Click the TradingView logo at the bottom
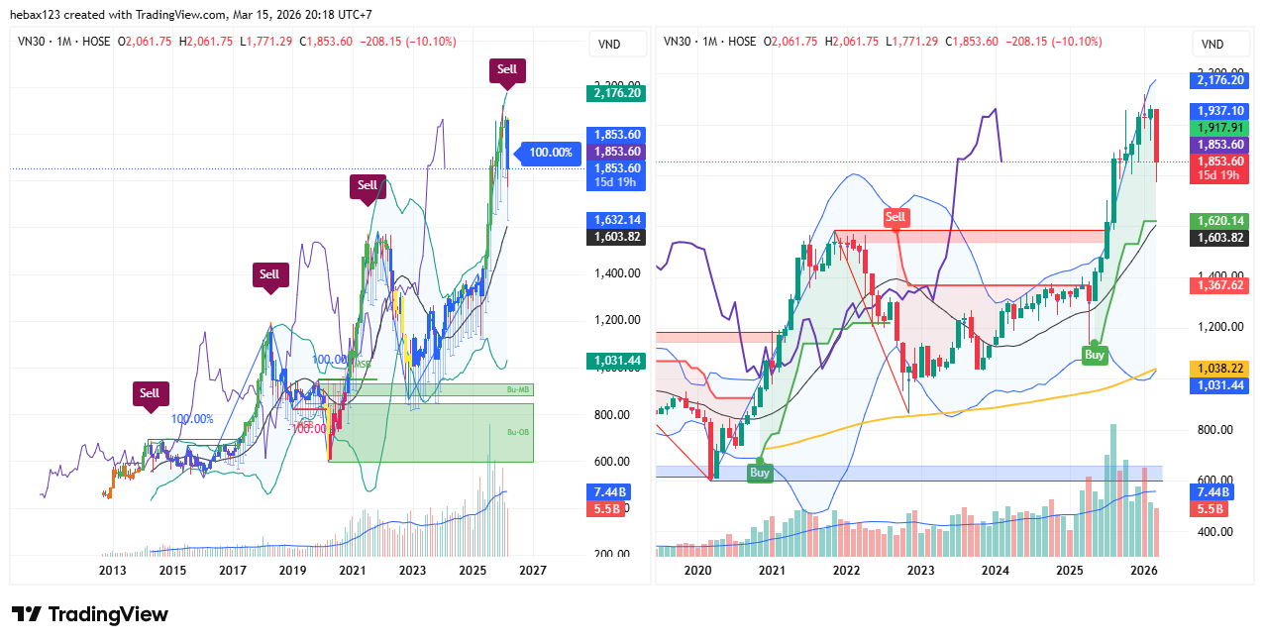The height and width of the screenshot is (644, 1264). [x=89, y=614]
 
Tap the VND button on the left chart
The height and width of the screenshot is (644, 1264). [x=609, y=44]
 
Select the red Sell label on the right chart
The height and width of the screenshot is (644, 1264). [x=895, y=217]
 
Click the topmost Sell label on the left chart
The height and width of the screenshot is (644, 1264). [x=507, y=69]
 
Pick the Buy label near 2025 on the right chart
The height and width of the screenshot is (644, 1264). [x=1094, y=355]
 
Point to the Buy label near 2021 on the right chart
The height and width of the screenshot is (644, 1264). [x=760, y=474]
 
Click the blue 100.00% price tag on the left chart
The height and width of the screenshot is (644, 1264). [x=550, y=153]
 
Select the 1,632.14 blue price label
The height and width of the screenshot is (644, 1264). [x=616, y=220]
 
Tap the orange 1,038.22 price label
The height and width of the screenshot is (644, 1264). [x=1219, y=368]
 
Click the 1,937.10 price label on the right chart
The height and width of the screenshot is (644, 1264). [x=1219, y=111]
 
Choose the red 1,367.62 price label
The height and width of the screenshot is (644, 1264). [x=1219, y=285]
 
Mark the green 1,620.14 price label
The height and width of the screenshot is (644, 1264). [x=1219, y=221]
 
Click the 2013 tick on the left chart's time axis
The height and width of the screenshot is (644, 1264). [x=113, y=571]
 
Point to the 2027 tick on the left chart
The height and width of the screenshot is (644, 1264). [x=533, y=571]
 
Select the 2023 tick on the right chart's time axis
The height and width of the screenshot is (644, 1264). [x=920, y=571]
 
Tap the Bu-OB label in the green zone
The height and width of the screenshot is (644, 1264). [x=518, y=432]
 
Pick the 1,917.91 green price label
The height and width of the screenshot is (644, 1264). [x=1219, y=128]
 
